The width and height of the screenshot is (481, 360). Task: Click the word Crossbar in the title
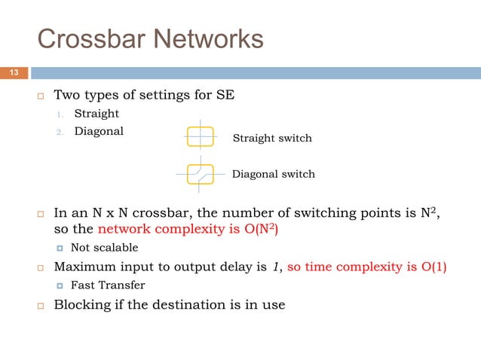coord(85,39)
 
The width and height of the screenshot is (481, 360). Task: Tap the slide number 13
coord(14,72)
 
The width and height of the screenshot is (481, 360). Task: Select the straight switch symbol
coord(200,137)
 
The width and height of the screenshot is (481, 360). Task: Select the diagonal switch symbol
coord(200,173)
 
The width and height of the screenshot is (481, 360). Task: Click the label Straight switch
coord(272,138)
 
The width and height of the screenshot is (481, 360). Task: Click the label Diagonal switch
coord(273,174)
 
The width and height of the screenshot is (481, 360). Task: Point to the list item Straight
coord(97,114)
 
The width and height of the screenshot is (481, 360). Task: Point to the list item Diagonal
coord(99,131)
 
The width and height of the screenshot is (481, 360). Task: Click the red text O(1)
coord(430,267)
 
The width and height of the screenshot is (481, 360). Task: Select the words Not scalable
coord(105,248)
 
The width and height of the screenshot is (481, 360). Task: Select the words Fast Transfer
coord(109,285)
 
